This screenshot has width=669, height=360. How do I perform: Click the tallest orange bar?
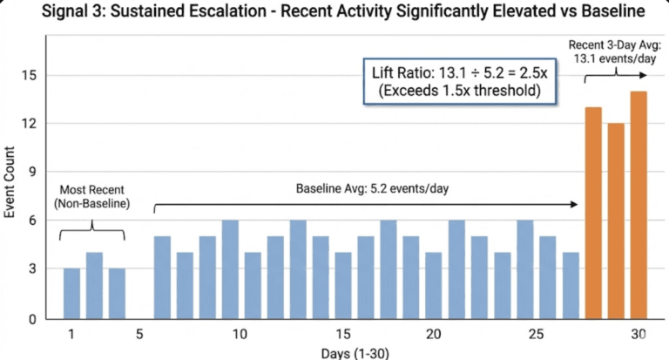pyautogui.click(x=639, y=205)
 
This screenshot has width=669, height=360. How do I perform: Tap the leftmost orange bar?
pyautogui.click(x=593, y=213)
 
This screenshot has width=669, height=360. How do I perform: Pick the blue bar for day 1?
pyautogui.click(x=72, y=294)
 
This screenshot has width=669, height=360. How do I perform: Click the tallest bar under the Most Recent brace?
pyautogui.click(x=95, y=286)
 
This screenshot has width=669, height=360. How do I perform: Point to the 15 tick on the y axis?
pyautogui.click(x=29, y=76)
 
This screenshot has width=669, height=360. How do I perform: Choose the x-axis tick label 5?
pyautogui.click(x=139, y=335)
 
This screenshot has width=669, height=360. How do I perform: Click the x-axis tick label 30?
pyautogui.click(x=639, y=335)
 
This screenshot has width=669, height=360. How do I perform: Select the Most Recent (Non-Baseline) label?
pyautogui.click(x=91, y=197)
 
